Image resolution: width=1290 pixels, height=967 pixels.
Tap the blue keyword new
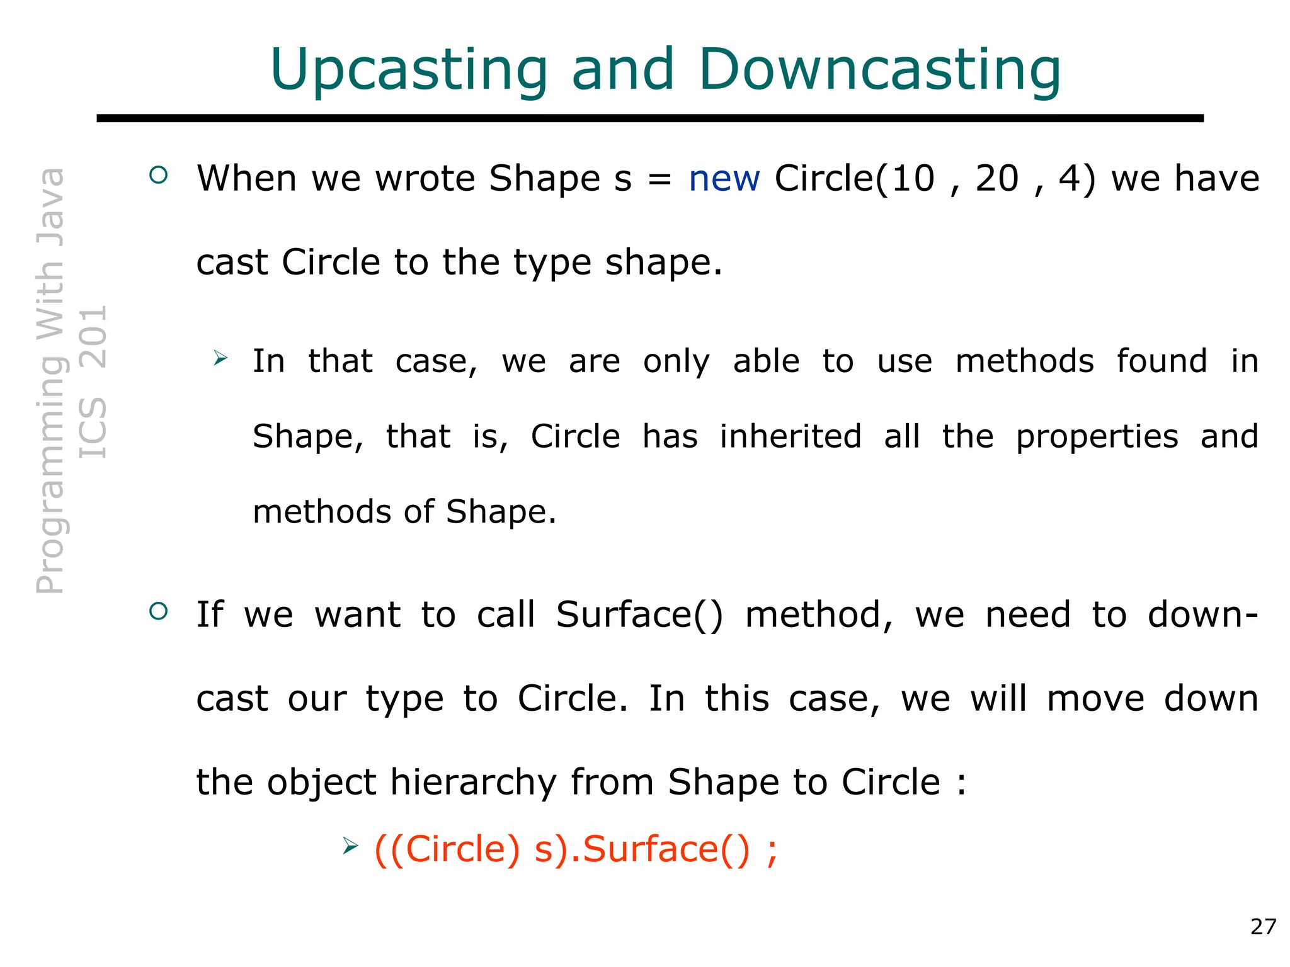724,179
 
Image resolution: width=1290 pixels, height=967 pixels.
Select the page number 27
1263,927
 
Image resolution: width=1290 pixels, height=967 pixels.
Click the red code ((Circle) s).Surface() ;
576,849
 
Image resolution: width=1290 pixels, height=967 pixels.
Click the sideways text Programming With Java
50,382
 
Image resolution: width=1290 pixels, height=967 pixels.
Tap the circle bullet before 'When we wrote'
159,175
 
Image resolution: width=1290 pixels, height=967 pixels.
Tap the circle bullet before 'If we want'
159,611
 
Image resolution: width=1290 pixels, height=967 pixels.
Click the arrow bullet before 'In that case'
220,358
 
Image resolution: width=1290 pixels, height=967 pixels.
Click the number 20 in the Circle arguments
996,179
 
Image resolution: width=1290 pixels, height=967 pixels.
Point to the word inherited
791,436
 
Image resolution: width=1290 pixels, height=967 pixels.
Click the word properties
1097,438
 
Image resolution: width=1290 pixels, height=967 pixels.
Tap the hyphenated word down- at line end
1202,615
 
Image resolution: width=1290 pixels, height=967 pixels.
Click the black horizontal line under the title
649,118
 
